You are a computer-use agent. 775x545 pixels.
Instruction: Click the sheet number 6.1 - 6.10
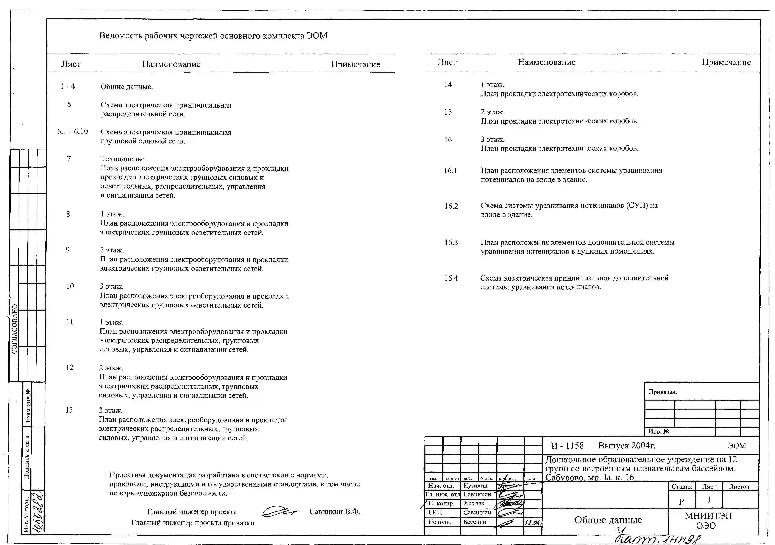pyautogui.click(x=72, y=132)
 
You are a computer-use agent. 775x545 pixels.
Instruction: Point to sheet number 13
pyautogui.click(x=69, y=410)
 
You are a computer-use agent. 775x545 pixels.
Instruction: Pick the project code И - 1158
pyautogui.click(x=567, y=446)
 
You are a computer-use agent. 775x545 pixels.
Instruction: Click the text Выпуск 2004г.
pyautogui.click(x=627, y=446)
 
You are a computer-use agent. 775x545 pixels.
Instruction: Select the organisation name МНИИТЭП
pyautogui.click(x=708, y=516)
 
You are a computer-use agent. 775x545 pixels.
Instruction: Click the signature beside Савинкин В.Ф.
pyautogui.click(x=279, y=512)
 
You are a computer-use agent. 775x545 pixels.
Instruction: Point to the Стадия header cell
pyautogui.click(x=681, y=487)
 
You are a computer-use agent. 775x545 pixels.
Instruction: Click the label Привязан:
pyautogui.click(x=663, y=392)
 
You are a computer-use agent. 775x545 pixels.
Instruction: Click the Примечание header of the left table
pyautogui.click(x=355, y=64)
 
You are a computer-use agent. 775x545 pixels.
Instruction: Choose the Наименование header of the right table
pyautogui.click(x=547, y=62)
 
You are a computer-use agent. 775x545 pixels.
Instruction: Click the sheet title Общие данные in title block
pyautogui.click(x=608, y=520)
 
